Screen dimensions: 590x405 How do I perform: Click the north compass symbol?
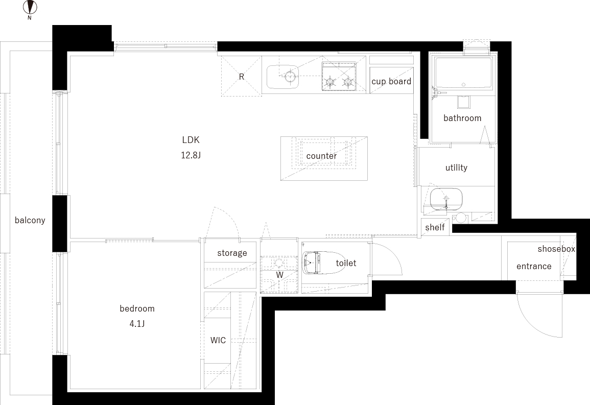coord(30,8)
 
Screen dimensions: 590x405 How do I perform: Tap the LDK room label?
coord(191,140)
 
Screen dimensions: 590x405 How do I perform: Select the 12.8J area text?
coord(191,155)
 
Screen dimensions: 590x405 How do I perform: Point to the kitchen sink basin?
coord(282,77)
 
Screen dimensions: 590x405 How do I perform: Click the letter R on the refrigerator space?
coord(242,77)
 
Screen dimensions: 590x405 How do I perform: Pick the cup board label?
coord(391,81)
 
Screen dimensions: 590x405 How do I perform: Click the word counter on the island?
coord(321,156)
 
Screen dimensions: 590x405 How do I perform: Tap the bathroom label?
coord(462,118)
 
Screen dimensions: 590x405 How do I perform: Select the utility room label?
coord(457,168)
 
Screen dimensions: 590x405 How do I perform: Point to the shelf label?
coord(435,227)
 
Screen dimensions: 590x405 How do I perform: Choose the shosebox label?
coord(556,249)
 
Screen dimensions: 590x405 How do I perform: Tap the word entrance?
coord(534,266)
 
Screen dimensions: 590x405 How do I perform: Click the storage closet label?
coord(232,253)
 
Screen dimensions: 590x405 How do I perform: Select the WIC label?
coord(218,340)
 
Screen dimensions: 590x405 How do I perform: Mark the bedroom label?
coord(137,309)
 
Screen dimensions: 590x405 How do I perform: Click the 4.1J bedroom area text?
coord(137,324)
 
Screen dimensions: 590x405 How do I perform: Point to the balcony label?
coord(30,220)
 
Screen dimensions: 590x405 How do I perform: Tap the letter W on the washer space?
coord(279,275)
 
